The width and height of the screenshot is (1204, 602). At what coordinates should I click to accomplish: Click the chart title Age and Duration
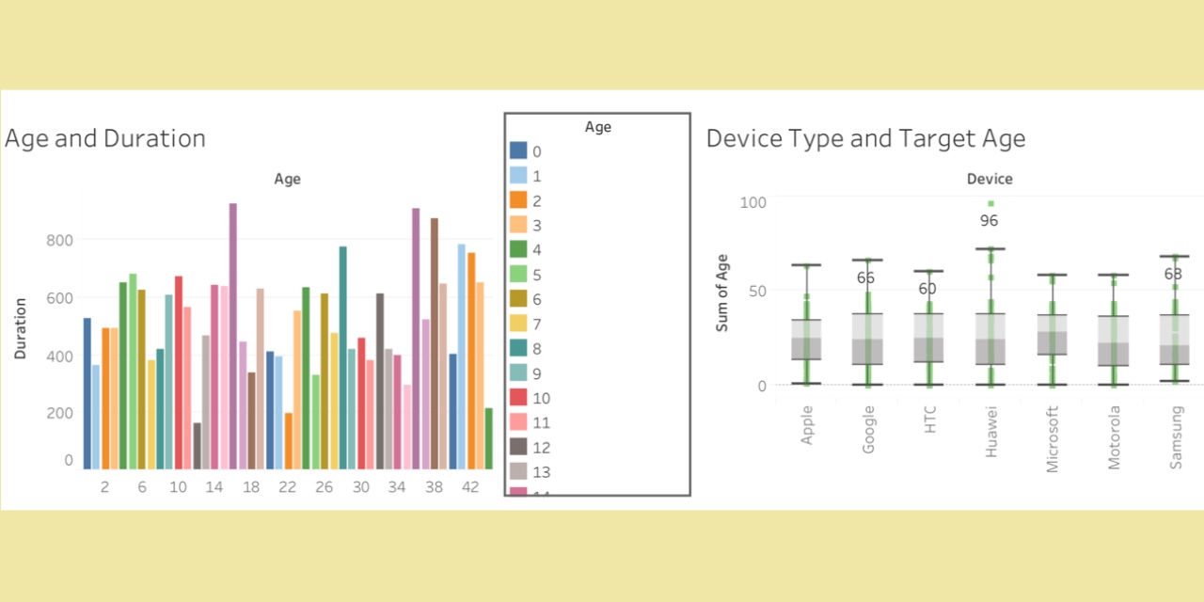(105, 138)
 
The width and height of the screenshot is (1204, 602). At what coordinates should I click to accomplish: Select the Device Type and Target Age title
(865, 138)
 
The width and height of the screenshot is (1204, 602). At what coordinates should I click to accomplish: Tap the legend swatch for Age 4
(518, 249)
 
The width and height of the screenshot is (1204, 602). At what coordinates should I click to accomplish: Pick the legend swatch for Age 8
(518, 348)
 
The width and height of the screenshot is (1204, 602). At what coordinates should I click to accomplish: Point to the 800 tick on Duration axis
(59, 240)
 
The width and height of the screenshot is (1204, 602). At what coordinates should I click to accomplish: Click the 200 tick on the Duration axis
(59, 413)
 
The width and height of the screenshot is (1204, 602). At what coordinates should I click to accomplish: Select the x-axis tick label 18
(251, 487)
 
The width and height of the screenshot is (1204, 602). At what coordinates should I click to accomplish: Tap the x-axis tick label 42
(470, 487)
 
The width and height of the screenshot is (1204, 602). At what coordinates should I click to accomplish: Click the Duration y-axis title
(20, 329)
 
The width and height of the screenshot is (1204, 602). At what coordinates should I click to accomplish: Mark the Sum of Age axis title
(722, 292)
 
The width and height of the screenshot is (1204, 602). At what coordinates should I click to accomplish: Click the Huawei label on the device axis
(990, 433)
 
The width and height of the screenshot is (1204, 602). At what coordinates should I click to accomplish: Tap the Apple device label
(806, 426)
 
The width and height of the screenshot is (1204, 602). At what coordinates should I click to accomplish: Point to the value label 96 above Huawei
(989, 221)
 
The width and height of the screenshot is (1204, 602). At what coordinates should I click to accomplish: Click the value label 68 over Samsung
(1173, 275)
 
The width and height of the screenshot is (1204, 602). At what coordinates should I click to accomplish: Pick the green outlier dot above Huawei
(990, 203)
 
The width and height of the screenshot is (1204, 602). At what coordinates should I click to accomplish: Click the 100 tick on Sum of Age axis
(753, 202)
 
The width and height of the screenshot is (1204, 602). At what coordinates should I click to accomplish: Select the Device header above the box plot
(990, 179)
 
